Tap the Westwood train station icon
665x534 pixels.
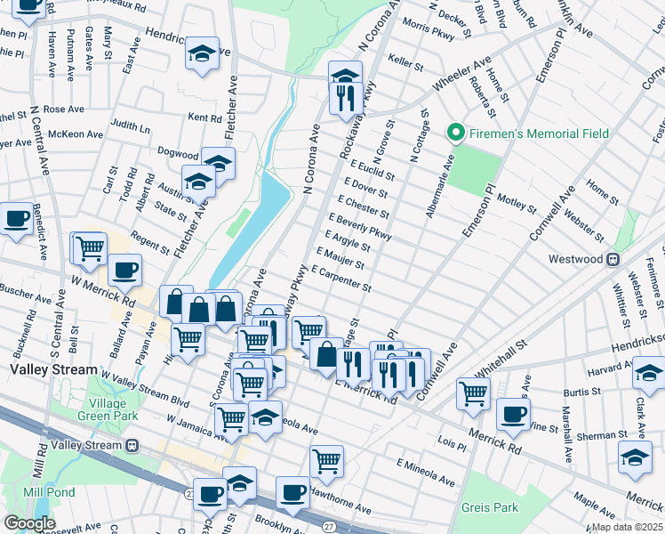(x=613, y=259)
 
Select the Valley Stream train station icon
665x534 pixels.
(x=133, y=445)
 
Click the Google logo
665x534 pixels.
(x=29, y=522)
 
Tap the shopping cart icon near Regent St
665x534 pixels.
(x=89, y=248)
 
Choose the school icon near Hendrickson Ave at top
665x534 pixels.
(x=203, y=53)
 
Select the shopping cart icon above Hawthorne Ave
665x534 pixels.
(x=326, y=460)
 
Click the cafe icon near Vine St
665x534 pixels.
(x=513, y=413)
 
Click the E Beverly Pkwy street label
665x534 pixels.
(x=360, y=225)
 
